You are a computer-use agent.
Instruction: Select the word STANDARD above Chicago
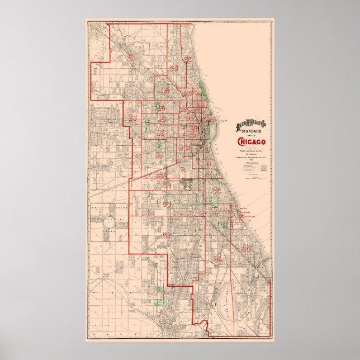point(249,131)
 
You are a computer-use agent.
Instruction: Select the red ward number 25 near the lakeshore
point(188,59)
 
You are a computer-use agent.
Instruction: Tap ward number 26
point(173,68)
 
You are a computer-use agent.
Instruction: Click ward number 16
point(165,90)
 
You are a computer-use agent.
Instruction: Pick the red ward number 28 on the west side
point(133,117)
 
